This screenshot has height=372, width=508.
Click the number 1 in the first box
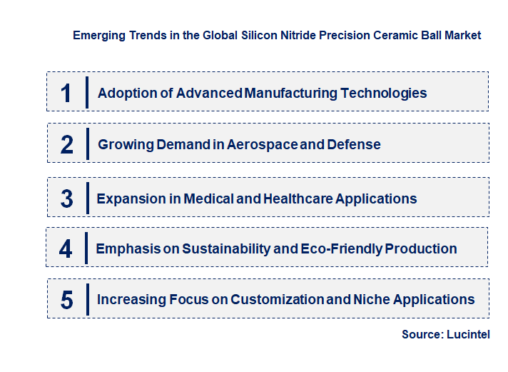[x=66, y=93]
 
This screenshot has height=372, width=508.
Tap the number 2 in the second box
[x=67, y=145]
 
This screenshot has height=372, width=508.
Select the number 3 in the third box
[x=67, y=198]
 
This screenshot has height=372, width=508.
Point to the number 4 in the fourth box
[x=66, y=249]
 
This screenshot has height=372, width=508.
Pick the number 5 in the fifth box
[x=67, y=300]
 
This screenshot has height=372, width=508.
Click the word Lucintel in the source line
[x=468, y=335]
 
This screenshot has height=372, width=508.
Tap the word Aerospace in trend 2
[x=262, y=145]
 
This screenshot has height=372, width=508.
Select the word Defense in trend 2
[x=354, y=145]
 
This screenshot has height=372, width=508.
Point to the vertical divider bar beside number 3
[x=86, y=198]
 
